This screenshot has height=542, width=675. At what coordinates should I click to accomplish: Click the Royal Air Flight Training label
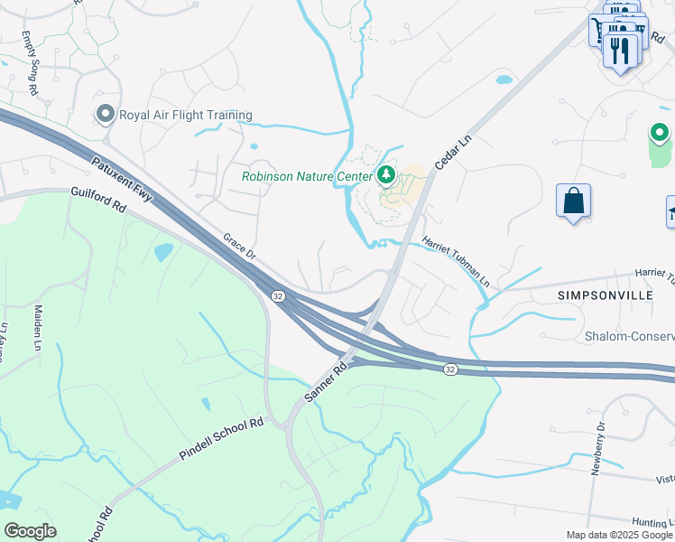185,115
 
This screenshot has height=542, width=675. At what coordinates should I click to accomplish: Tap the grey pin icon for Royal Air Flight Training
105,114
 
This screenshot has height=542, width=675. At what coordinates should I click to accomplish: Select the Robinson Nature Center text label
308,176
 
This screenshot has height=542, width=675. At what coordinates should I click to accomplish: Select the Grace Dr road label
239,247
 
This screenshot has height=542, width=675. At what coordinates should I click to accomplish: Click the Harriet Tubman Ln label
456,263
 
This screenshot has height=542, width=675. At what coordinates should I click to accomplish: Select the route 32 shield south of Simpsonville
449,369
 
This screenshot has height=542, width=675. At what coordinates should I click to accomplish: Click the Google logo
30,531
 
